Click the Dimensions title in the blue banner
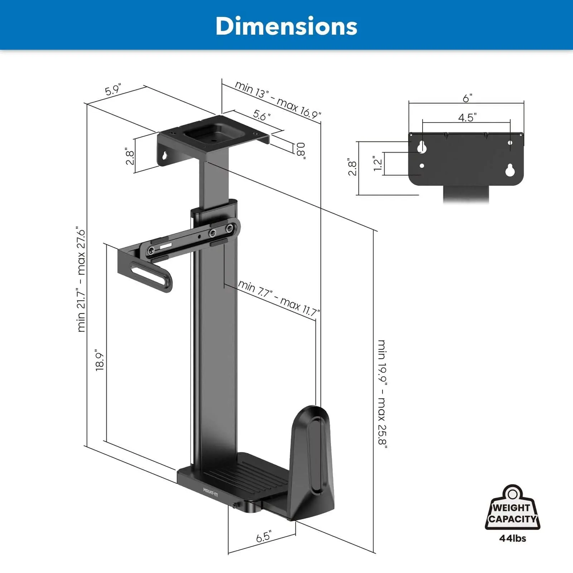tap(286, 26)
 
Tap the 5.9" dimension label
tap(114, 89)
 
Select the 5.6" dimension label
tap(262, 115)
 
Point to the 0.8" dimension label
tap(300, 150)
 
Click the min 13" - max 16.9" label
tap(278, 100)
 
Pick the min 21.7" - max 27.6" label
tap(81, 279)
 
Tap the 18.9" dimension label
tap(100, 360)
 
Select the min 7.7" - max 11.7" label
tap(279, 298)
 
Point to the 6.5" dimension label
tap(264, 537)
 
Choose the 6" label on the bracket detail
tap(467, 98)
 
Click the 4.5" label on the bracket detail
tap(467, 117)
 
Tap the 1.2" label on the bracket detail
tap(377, 163)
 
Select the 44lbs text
tap(512, 538)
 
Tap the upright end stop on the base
tap(311, 462)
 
